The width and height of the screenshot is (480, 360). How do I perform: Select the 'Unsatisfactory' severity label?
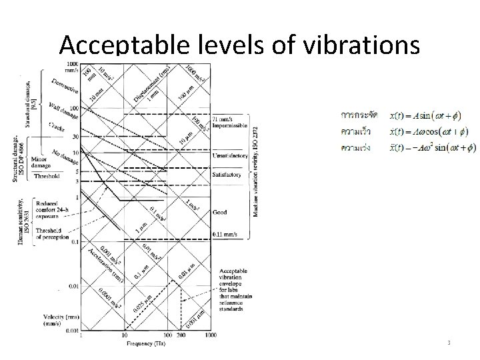(x=230, y=156)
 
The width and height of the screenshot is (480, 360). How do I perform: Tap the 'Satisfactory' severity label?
(x=227, y=175)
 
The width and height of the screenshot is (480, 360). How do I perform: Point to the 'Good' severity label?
(x=219, y=212)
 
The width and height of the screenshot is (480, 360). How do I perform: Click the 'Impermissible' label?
(x=230, y=125)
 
